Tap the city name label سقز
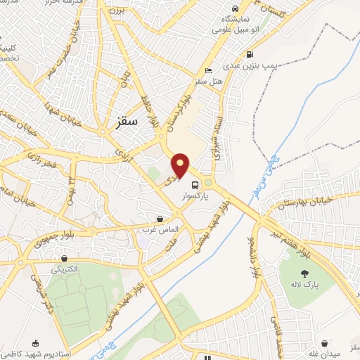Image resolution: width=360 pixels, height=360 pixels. [130, 121]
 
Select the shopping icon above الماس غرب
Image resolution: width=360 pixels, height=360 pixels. [160, 219]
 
